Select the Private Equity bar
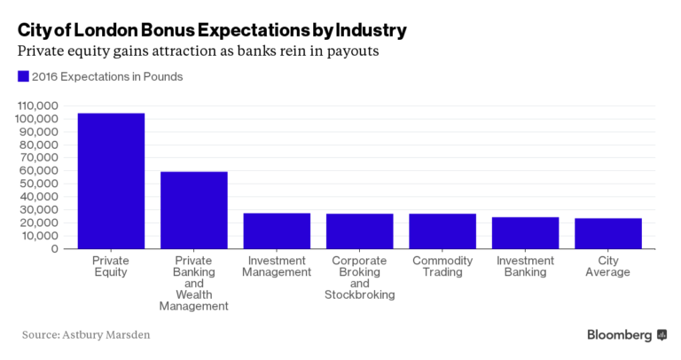coord(111,181)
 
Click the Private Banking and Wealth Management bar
coord(193,210)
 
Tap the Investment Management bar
coord(277,231)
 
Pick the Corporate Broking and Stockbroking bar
coord(359,231)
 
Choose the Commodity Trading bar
coord(442,231)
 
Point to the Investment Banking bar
coord(525,233)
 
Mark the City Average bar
coord(607,233)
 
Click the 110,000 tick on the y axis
coord(37,106)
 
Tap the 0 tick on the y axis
coord(55,249)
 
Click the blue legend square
coord(23,77)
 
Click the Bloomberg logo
coord(626,335)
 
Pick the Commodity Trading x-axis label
coord(442,267)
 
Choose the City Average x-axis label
coord(607,267)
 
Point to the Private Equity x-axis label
coord(111,267)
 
